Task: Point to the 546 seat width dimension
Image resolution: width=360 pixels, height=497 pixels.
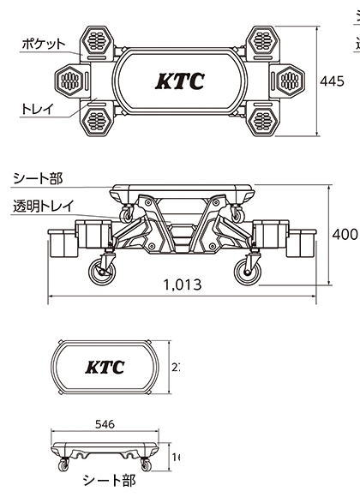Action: tap(105, 423)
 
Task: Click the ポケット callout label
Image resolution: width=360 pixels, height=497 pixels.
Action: tap(41, 44)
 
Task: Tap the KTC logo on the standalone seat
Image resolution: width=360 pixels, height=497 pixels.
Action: tap(105, 368)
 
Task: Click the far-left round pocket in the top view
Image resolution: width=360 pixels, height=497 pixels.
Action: tap(70, 81)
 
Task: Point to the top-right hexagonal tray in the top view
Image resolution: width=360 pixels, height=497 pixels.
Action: tap(261, 39)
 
